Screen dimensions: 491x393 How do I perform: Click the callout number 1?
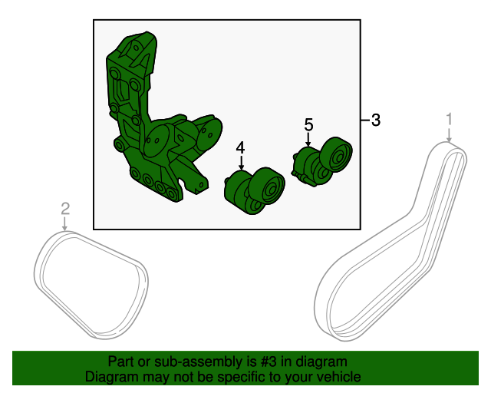pos(450,120)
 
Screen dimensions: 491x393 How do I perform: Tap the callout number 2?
pos(65,209)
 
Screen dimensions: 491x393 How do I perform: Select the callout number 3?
pos(376,120)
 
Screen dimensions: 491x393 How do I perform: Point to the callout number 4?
pos(240,148)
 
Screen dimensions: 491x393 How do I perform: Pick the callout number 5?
pos(308,125)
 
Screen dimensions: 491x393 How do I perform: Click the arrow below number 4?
pos(241,163)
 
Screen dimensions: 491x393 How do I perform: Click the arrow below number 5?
pos(308,140)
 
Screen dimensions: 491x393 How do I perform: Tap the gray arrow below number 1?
pos(450,135)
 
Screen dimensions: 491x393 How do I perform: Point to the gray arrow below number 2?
pos(64,224)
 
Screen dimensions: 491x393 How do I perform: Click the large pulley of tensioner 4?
pos(267,187)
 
